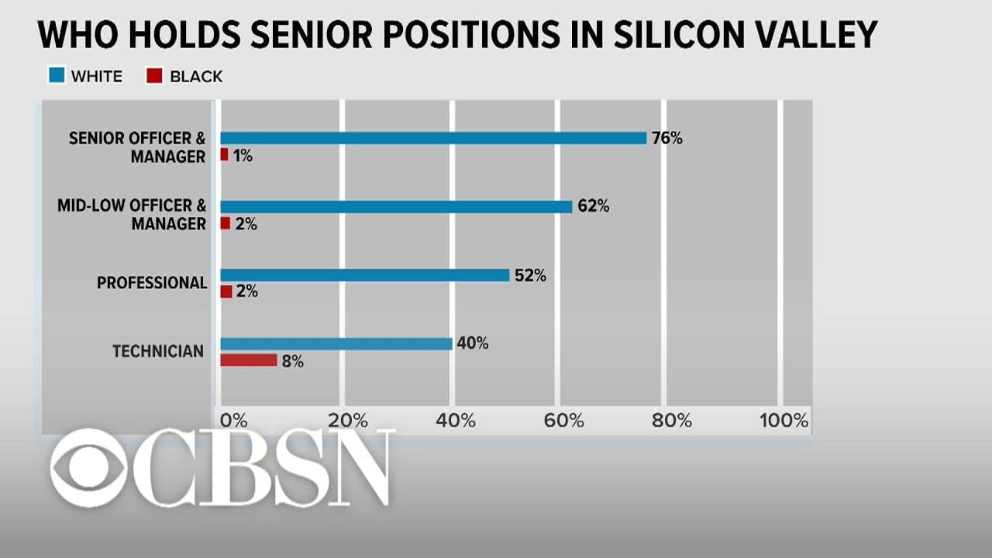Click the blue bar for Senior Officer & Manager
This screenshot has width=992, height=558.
pyautogui.click(x=433, y=138)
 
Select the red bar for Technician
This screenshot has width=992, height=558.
pyautogui.click(x=249, y=360)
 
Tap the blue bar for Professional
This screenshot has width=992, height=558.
pyautogui.click(x=365, y=275)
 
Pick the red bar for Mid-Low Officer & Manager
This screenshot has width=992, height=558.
pyautogui.click(x=226, y=223)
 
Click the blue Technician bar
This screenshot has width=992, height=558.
pyautogui.click(x=336, y=343)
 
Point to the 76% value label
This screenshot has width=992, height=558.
pyautogui.click(x=667, y=139)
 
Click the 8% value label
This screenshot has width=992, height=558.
pyautogui.click(x=293, y=361)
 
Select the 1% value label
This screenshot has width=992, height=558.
pyautogui.click(x=243, y=156)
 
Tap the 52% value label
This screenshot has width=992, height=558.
pyautogui.click(x=530, y=275)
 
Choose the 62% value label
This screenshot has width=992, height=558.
pyautogui.click(x=594, y=206)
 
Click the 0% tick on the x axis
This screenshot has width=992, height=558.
pyautogui.click(x=234, y=420)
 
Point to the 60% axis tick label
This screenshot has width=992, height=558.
pyautogui.click(x=563, y=420)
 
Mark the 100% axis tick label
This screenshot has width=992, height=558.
pyautogui.click(x=784, y=420)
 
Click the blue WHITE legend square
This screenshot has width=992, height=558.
pyautogui.click(x=57, y=75)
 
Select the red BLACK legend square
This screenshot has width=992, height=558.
pyautogui.click(x=154, y=75)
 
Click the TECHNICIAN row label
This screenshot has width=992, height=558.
pyautogui.click(x=158, y=351)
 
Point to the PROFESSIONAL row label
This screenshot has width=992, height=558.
pyautogui.click(x=152, y=283)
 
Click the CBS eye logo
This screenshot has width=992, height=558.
pyautogui.click(x=89, y=467)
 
